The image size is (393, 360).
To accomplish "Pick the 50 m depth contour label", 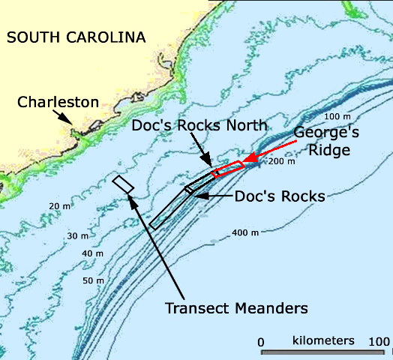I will tap(93, 280).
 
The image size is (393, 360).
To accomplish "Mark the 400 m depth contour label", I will tap(245, 232).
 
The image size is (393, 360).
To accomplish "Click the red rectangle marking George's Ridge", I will tap(226, 169).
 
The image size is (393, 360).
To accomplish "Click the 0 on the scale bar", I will tap(261, 342).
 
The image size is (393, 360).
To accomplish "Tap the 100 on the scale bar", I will tap(379, 342).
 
